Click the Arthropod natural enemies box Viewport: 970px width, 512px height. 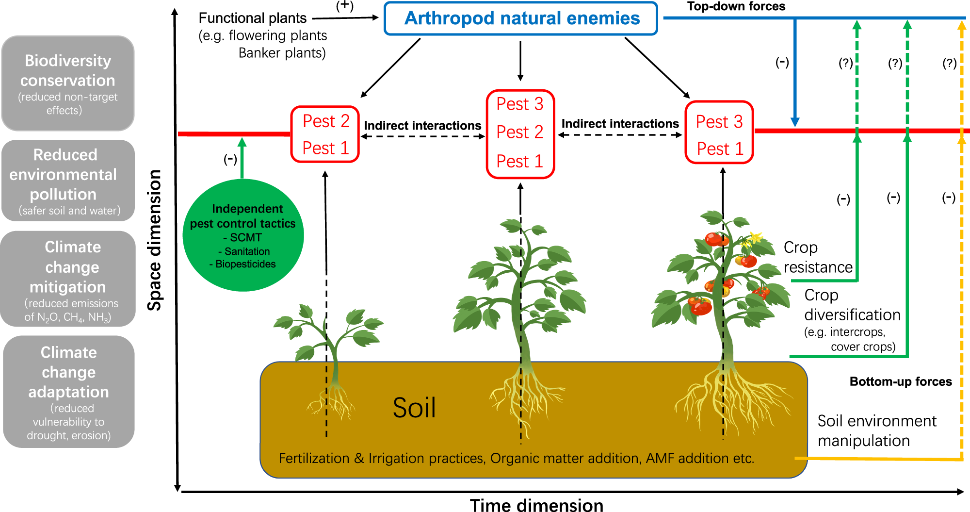[x=520, y=18]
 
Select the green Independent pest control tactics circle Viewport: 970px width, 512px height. [x=243, y=235]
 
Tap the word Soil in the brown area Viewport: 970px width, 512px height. [x=414, y=408]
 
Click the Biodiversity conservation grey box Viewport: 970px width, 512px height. [x=68, y=83]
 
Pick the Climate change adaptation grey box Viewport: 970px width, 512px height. [x=68, y=391]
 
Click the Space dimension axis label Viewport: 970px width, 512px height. [x=154, y=240]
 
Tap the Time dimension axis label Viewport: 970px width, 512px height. [x=536, y=505]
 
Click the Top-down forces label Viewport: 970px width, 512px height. [x=736, y=6]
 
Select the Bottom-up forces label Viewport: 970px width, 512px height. [x=900, y=381]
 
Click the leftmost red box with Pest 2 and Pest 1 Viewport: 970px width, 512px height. [x=325, y=134]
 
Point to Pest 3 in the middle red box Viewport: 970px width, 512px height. [x=520, y=104]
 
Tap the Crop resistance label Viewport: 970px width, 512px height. [x=818, y=257]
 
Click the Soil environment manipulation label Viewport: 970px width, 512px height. [x=877, y=430]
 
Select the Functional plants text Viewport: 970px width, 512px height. [x=253, y=18]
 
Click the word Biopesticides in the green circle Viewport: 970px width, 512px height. [x=245, y=264]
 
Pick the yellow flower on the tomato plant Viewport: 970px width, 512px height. [x=755, y=237]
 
